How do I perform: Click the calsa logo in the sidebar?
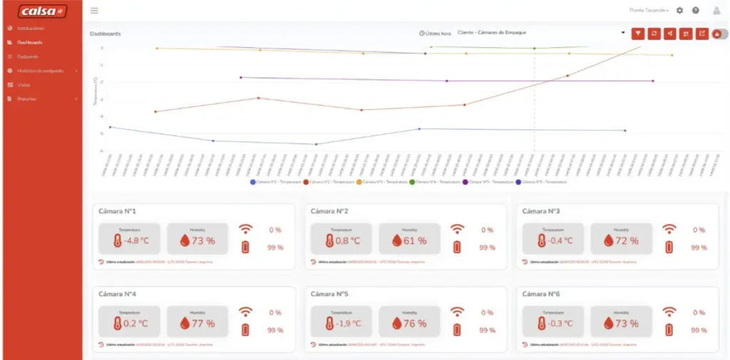pos(42,11)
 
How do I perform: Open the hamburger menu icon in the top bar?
pos(95,11)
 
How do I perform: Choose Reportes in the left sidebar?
pos(26,98)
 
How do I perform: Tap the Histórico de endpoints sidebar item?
pos(40,71)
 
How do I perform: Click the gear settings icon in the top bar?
pos(679,11)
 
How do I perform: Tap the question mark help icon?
pos(696,11)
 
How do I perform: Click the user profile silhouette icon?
pos(716,11)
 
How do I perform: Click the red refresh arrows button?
pos(654,34)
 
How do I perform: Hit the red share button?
pos(669,34)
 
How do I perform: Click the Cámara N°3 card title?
pos(540,211)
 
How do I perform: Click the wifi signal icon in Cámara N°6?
pos(669,312)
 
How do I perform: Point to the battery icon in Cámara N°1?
pos(245,247)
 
